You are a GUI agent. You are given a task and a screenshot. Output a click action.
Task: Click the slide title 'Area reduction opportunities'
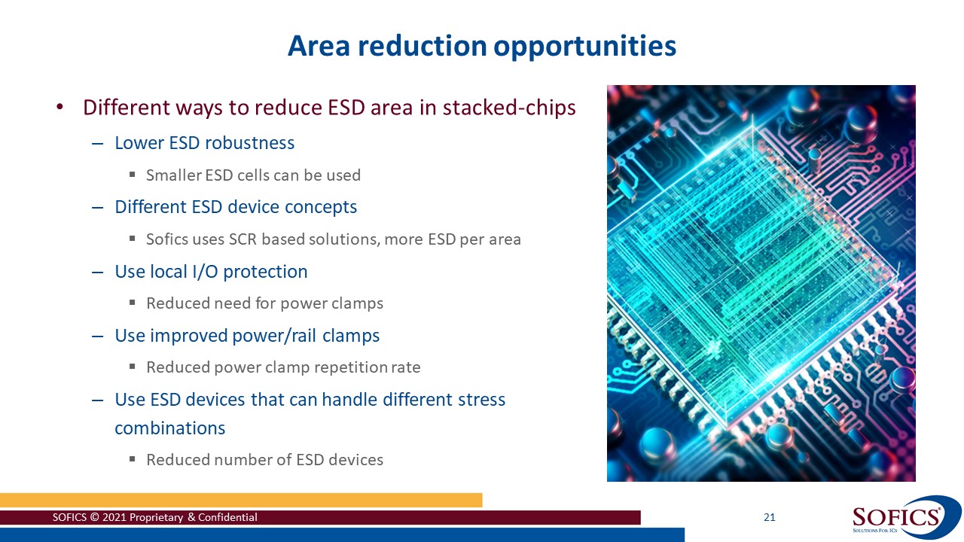click(482, 47)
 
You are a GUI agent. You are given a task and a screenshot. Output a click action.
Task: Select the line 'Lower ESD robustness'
click(204, 143)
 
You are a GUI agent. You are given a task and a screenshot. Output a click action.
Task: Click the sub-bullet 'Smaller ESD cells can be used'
click(253, 175)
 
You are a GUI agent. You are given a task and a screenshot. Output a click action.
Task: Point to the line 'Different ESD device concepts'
click(236, 207)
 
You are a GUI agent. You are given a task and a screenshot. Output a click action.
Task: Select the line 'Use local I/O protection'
click(211, 272)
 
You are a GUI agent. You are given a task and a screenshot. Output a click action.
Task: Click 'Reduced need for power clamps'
click(264, 303)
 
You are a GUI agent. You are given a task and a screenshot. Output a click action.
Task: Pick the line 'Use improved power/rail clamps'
click(247, 336)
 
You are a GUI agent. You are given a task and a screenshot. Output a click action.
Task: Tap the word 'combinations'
click(169, 428)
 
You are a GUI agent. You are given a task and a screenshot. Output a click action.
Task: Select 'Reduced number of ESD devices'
click(264, 460)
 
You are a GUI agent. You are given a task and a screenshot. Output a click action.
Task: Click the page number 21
click(769, 517)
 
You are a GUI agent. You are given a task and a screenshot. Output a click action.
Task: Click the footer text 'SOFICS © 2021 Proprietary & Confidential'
click(154, 517)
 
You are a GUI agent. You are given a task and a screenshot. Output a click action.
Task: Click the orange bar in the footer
click(241, 500)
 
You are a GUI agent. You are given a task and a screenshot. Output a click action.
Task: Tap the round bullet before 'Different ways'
click(60, 108)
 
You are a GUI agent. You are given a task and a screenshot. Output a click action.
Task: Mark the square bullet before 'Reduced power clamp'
click(132, 367)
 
